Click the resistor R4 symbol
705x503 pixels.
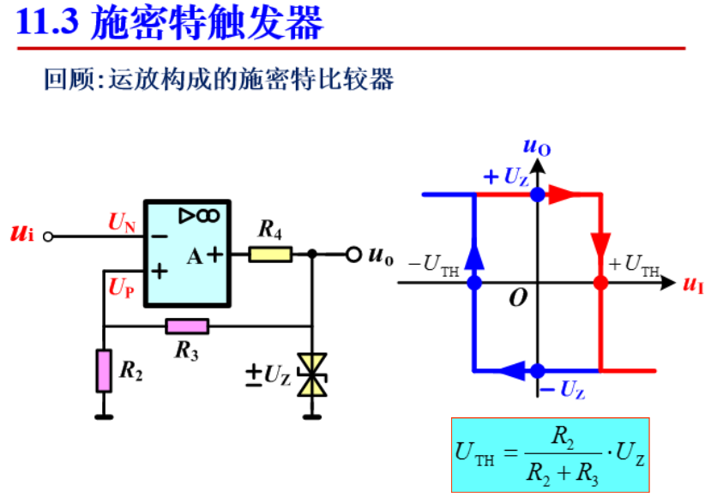(270, 254)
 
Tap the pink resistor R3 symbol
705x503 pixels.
(187, 326)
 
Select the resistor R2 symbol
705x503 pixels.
(104, 370)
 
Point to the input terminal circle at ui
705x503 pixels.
(48, 236)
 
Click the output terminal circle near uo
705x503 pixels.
(352, 254)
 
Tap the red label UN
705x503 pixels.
(122, 223)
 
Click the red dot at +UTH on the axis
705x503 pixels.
(600, 282)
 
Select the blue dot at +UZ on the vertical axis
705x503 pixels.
(537, 195)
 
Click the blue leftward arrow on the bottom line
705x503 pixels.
(511, 370)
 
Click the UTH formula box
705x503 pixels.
(551, 454)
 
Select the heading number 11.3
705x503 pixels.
(48, 23)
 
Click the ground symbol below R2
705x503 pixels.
(104, 416)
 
